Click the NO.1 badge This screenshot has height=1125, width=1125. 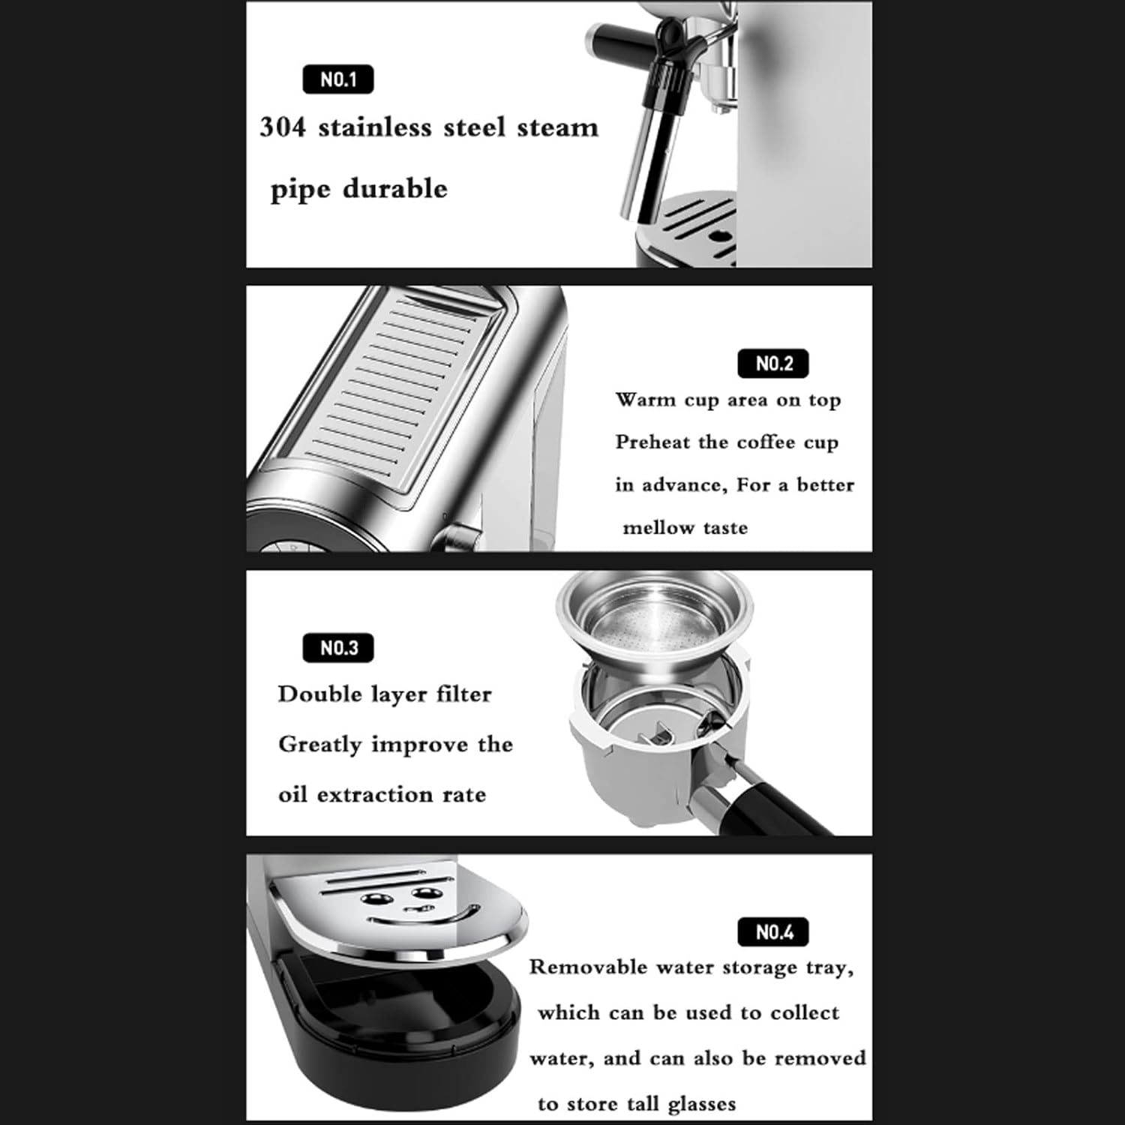[338, 79]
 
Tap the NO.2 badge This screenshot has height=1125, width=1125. [774, 364]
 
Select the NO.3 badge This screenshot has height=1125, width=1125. [338, 648]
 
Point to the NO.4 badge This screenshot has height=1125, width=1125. [774, 932]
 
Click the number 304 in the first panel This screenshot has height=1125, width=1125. [283, 127]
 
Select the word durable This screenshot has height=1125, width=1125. [394, 188]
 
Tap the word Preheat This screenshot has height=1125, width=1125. [652, 442]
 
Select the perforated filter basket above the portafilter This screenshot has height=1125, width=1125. [654, 615]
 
